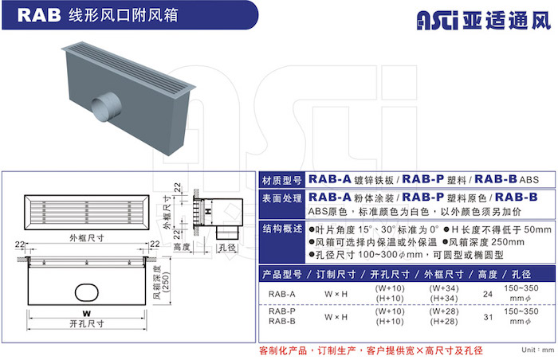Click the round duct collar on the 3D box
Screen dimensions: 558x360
click(x=106, y=107)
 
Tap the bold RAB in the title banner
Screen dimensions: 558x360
click(x=39, y=15)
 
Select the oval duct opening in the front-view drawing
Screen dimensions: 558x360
click(x=86, y=292)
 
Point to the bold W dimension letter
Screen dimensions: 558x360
click(x=86, y=313)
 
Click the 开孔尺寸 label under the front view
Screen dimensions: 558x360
click(x=87, y=323)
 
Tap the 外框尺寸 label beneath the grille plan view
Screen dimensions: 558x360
click(x=86, y=237)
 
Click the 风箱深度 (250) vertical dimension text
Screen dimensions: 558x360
click(x=162, y=282)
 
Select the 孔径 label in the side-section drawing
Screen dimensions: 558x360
click(x=227, y=247)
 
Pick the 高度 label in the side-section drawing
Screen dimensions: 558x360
click(x=182, y=247)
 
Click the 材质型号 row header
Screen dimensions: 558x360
click(x=282, y=180)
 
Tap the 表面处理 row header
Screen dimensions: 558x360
click(x=282, y=198)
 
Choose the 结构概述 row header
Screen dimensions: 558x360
click(x=282, y=229)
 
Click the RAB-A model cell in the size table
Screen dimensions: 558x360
click(x=282, y=294)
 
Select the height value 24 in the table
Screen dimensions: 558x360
click(x=488, y=294)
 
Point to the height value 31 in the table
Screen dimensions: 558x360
click(x=488, y=317)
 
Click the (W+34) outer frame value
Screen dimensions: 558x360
click(x=444, y=288)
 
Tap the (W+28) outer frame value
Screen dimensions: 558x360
click(x=444, y=311)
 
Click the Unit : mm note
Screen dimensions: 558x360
click(x=538, y=350)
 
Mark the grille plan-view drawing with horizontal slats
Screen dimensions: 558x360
click(x=86, y=213)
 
